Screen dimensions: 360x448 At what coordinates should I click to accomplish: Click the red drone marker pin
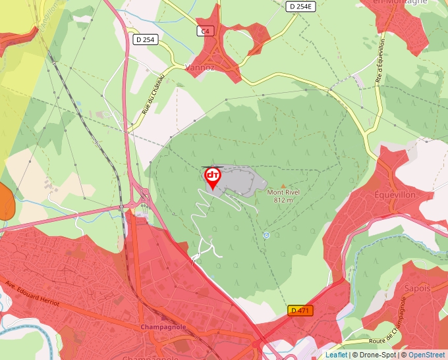[x=212, y=177]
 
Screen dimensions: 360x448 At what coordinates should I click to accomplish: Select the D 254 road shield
[x=145, y=39]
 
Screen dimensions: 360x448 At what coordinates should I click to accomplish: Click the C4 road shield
[x=206, y=31]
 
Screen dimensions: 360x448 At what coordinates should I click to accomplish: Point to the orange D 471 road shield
[x=300, y=310]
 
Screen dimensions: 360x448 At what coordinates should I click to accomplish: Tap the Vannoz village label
[x=201, y=67]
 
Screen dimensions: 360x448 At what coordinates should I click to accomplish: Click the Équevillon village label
[x=395, y=195]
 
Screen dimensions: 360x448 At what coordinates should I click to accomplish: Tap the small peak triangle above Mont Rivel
[x=284, y=185]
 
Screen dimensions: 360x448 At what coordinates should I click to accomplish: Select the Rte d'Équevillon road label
[x=379, y=63]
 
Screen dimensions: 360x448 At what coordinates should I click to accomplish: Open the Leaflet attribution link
[x=336, y=355]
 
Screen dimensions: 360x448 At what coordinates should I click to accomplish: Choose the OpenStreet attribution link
[x=427, y=355]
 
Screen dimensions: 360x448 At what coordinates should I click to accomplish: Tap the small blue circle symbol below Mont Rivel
[x=266, y=235]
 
